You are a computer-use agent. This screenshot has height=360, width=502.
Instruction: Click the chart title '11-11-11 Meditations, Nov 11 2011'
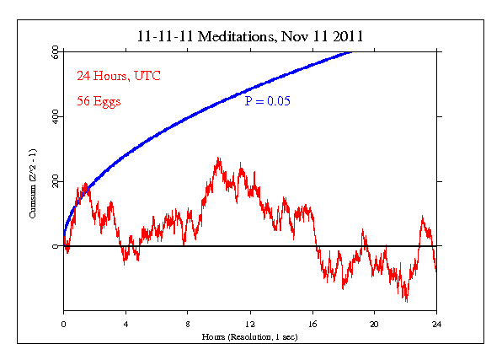click(x=250, y=37)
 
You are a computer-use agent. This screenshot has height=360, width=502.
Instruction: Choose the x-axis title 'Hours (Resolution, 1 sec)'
click(x=250, y=336)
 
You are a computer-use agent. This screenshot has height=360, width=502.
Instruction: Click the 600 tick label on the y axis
click(x=53, y=52)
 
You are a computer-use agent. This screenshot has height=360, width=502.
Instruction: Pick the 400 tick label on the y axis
click(x=53, y=117)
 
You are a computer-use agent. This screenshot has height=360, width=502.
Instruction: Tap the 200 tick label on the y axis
click(x=53, y=182)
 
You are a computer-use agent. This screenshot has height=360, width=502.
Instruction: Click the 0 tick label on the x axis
click(x=63, y=323)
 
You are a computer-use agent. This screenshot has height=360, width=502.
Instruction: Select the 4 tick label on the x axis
click(x=125, y=323)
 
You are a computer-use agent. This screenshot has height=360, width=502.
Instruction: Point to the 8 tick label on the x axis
click(x=188, y=323)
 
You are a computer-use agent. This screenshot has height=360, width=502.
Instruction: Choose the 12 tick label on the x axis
click(x=250, y=323)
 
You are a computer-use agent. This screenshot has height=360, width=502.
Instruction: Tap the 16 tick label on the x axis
click(x=312, y=323)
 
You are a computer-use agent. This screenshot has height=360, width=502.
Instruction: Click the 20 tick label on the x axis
click(x=375, y=323)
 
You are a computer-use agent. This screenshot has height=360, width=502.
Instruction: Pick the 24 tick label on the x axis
click(x=436, y=323)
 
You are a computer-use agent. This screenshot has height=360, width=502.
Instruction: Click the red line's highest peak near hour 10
click(x=218, y=158)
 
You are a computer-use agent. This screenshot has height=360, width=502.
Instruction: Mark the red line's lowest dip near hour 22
click(x=407, y=300)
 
